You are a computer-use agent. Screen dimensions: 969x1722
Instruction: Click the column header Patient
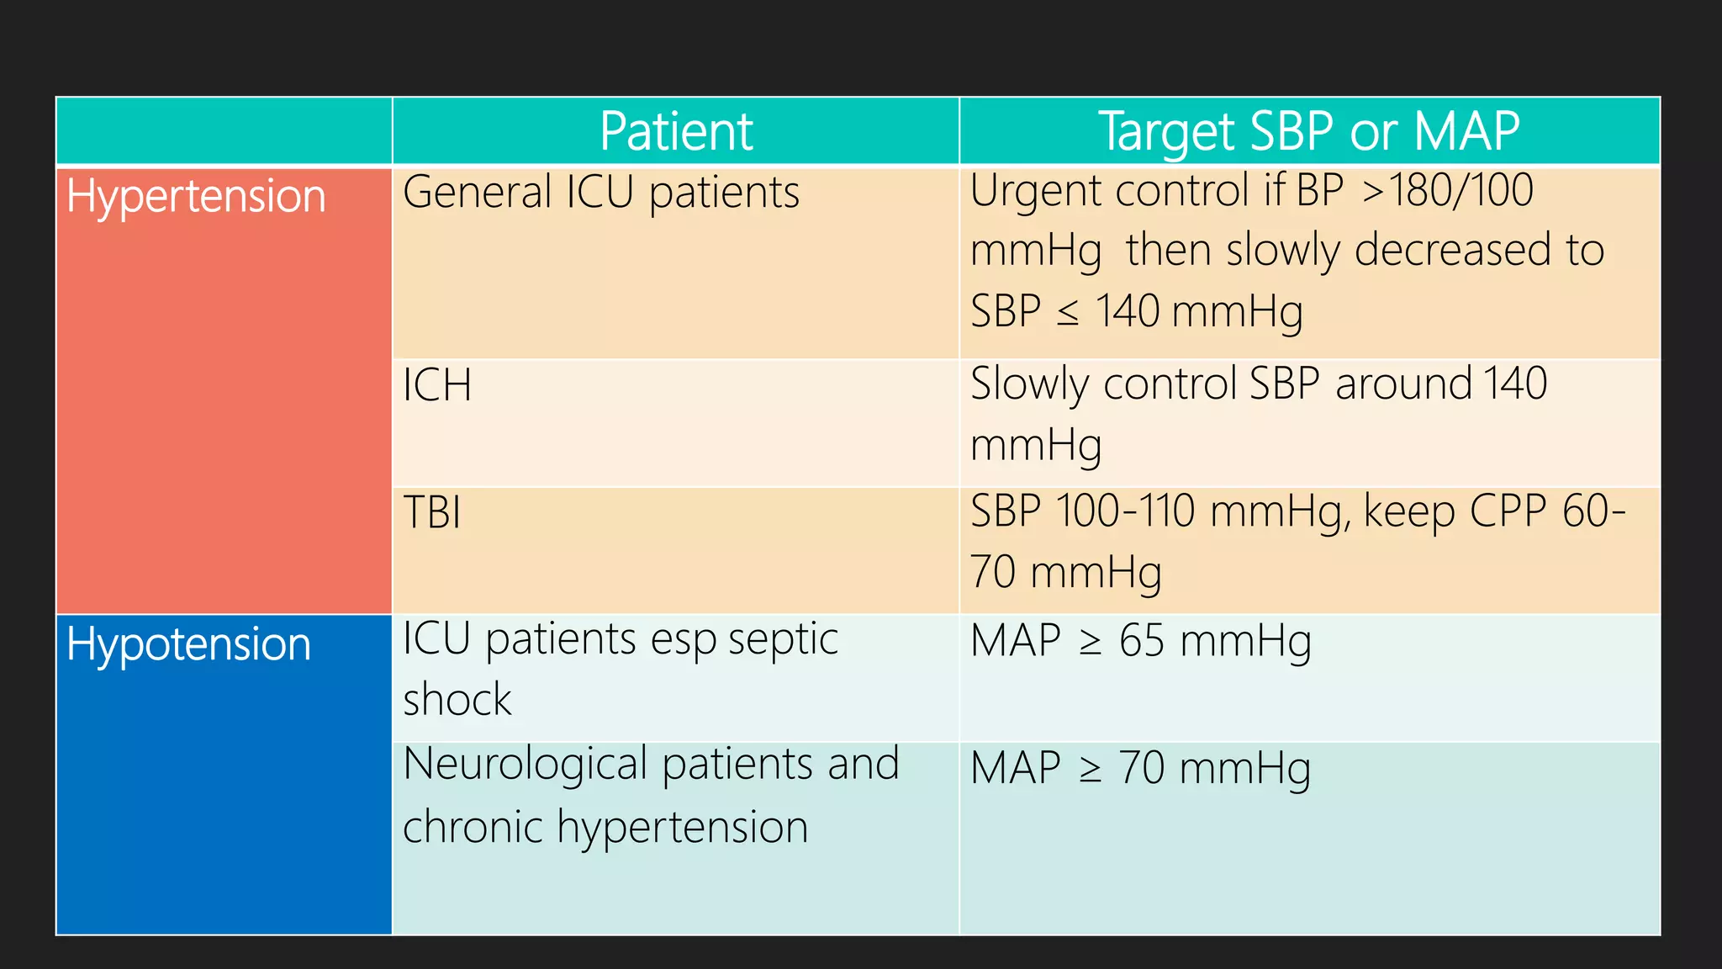[676, 132]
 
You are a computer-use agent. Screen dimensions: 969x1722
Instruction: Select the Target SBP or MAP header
[1309, 132]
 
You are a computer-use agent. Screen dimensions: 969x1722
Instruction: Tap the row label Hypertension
[196, 197]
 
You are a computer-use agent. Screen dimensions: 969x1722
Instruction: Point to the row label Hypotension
[189, 645]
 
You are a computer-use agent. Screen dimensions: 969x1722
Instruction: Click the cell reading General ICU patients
[601, 193]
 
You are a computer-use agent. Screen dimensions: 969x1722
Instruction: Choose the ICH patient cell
[437, 386]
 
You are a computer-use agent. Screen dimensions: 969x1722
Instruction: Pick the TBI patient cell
[432, 512]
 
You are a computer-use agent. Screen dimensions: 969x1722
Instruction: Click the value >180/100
[1447, 190]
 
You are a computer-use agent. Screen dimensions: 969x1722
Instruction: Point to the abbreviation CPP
[1508, 511]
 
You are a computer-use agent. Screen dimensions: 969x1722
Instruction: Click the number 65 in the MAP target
[1142, 641]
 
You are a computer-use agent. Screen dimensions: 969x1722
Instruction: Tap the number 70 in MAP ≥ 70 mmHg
[1142, 769]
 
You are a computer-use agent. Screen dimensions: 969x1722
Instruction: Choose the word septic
[783, 640]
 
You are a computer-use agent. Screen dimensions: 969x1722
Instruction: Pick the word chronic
[473, 827]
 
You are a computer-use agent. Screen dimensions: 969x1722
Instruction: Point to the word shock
[457, 700]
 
